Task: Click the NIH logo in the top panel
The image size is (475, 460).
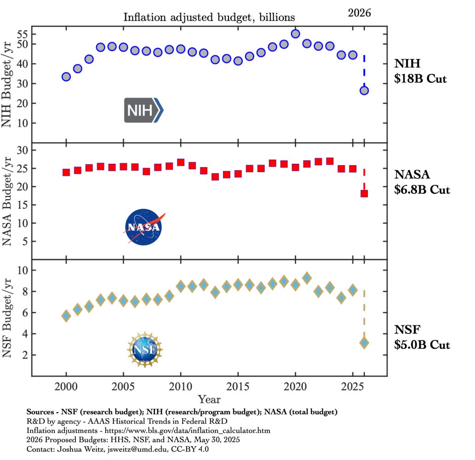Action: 143,110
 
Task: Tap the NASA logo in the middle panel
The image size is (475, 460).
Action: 143,227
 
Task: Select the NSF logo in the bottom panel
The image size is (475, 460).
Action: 145,350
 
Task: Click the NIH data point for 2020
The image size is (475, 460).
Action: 295,34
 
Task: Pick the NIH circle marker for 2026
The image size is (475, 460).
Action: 364,91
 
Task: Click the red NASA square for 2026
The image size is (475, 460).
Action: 364,194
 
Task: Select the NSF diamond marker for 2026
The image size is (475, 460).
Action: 364,343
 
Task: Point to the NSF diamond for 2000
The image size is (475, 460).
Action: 66,316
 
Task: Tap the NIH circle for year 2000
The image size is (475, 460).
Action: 66,77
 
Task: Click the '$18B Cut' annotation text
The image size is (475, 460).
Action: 420,79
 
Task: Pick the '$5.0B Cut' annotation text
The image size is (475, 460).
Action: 422,345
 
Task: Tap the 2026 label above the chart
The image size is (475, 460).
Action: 359,13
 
